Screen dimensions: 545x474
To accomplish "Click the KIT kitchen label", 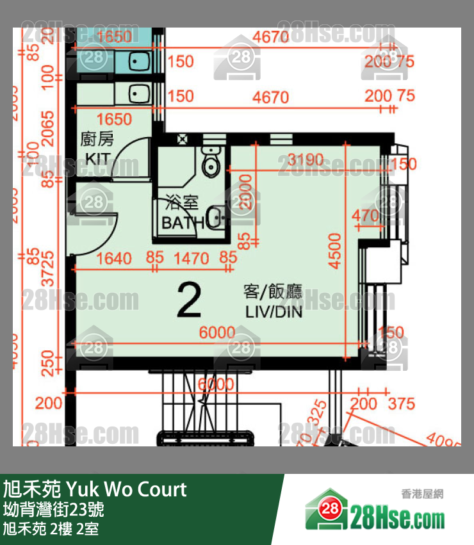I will coord(97,158).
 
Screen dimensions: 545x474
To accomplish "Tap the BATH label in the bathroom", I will coord(182,223).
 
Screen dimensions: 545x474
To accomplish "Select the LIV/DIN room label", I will coord(274,314).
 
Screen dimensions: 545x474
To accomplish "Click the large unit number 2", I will coord(188,300).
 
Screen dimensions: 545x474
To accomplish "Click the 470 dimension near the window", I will coord(366,216).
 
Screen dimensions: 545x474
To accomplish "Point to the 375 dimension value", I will coord(401,404).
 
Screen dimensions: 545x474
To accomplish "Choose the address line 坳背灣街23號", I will coord(54,510).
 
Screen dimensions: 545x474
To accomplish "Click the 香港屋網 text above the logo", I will coord(422,493).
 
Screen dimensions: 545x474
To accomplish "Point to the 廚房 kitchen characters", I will coord(97,139).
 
